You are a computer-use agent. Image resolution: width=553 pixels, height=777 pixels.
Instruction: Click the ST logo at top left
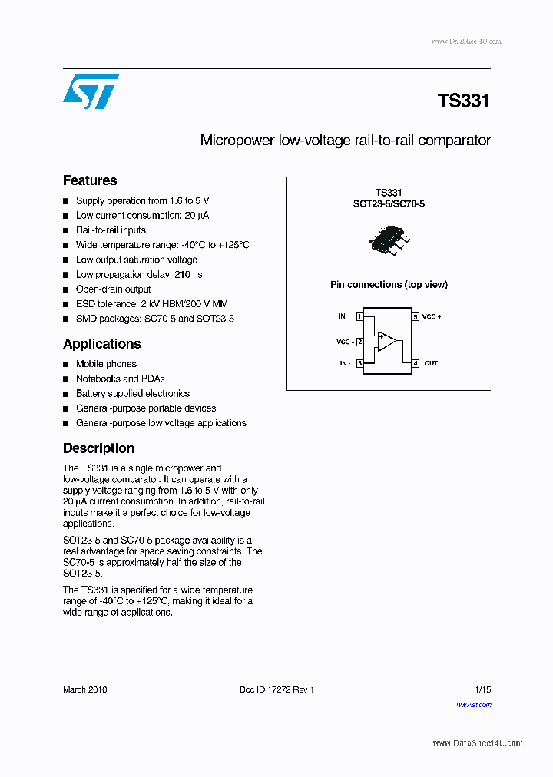(x=91, y=91)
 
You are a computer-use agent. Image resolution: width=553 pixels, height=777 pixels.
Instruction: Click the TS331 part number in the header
(x=463, y=101)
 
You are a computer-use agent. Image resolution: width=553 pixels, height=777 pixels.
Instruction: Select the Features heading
(x=90, y=180)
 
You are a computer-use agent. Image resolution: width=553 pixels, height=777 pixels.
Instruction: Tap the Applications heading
(x=101, y=344)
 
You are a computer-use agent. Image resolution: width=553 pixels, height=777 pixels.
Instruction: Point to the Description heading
(x=98, y=448)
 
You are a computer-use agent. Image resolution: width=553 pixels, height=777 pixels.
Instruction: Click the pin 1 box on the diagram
(x=359, y=316)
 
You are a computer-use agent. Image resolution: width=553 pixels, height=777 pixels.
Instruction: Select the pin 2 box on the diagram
(x=359, y=342)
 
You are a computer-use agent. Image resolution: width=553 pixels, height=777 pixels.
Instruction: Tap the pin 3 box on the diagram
(x=359, y=363)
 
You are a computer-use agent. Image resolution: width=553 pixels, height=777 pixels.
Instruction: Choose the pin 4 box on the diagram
(x=416, y=363)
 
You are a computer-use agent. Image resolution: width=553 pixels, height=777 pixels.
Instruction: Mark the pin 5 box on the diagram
(x=416, y=316)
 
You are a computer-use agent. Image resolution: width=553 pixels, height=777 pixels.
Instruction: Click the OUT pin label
(x=431, y=363)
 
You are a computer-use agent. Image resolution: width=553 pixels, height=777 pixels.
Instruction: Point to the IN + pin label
(x=344, y=316)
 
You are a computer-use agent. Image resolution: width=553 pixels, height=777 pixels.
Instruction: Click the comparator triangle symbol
(x=387, y=340)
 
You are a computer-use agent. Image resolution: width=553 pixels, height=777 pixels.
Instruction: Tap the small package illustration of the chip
(x=388, y=240)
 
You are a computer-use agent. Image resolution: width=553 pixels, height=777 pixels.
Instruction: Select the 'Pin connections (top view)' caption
(x=389, y=285)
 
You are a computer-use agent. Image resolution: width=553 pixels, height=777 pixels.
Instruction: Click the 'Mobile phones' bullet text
(x=106, y=364)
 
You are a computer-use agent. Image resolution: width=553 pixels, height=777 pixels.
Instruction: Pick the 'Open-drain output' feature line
(x=113, y=289)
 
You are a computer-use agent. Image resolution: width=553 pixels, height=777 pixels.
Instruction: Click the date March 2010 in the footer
(x=85, y=689)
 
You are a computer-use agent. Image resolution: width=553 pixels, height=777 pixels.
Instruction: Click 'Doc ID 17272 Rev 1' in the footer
(x=276, y=689)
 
